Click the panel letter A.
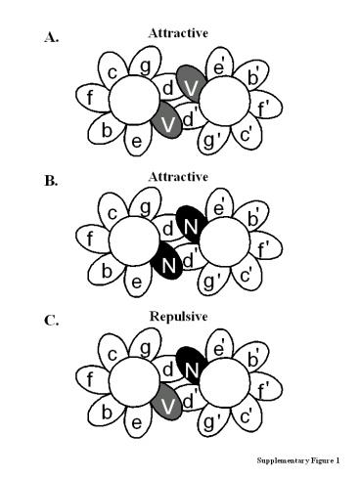(50, 38)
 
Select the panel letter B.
(50, 181)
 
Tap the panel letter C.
(50, 318)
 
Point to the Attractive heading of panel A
(178, 33)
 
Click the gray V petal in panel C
(167, 403)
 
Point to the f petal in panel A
(90, 98)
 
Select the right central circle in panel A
(228, 100)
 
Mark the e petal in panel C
(136, 420)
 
